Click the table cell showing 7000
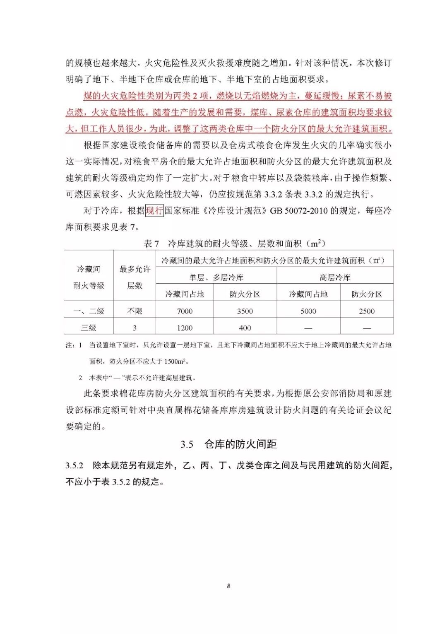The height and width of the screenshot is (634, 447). tap(185, 311)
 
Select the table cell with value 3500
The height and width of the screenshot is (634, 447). tap(245, 311)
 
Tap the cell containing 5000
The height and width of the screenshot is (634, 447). tap(308, 311)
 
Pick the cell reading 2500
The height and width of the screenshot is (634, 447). tap(367, 311)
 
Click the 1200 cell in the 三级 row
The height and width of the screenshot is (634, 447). tap(185, 328)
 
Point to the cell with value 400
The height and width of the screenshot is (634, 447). tap(245, 328)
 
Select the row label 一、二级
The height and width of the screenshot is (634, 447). tap(89, 311)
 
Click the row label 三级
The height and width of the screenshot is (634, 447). tap(89, 328)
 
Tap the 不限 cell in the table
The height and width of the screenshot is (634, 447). tap(135, 311)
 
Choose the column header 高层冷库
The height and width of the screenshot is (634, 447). tap(335, 277)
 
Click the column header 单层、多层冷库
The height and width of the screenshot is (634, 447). tap(216, 277)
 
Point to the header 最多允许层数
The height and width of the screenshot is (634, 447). tap(135, 277)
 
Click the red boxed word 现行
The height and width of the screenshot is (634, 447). tap(154, 211)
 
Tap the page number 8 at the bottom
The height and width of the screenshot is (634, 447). tap(229, 586)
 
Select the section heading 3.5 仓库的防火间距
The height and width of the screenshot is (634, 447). tap(228, 444)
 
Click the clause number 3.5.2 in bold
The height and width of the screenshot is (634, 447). tap(74, 465)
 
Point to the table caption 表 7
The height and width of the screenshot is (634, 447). tap(151, 244)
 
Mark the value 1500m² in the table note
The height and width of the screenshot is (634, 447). tap(176, 362)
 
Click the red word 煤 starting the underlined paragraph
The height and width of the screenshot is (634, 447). tap(88, 96)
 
